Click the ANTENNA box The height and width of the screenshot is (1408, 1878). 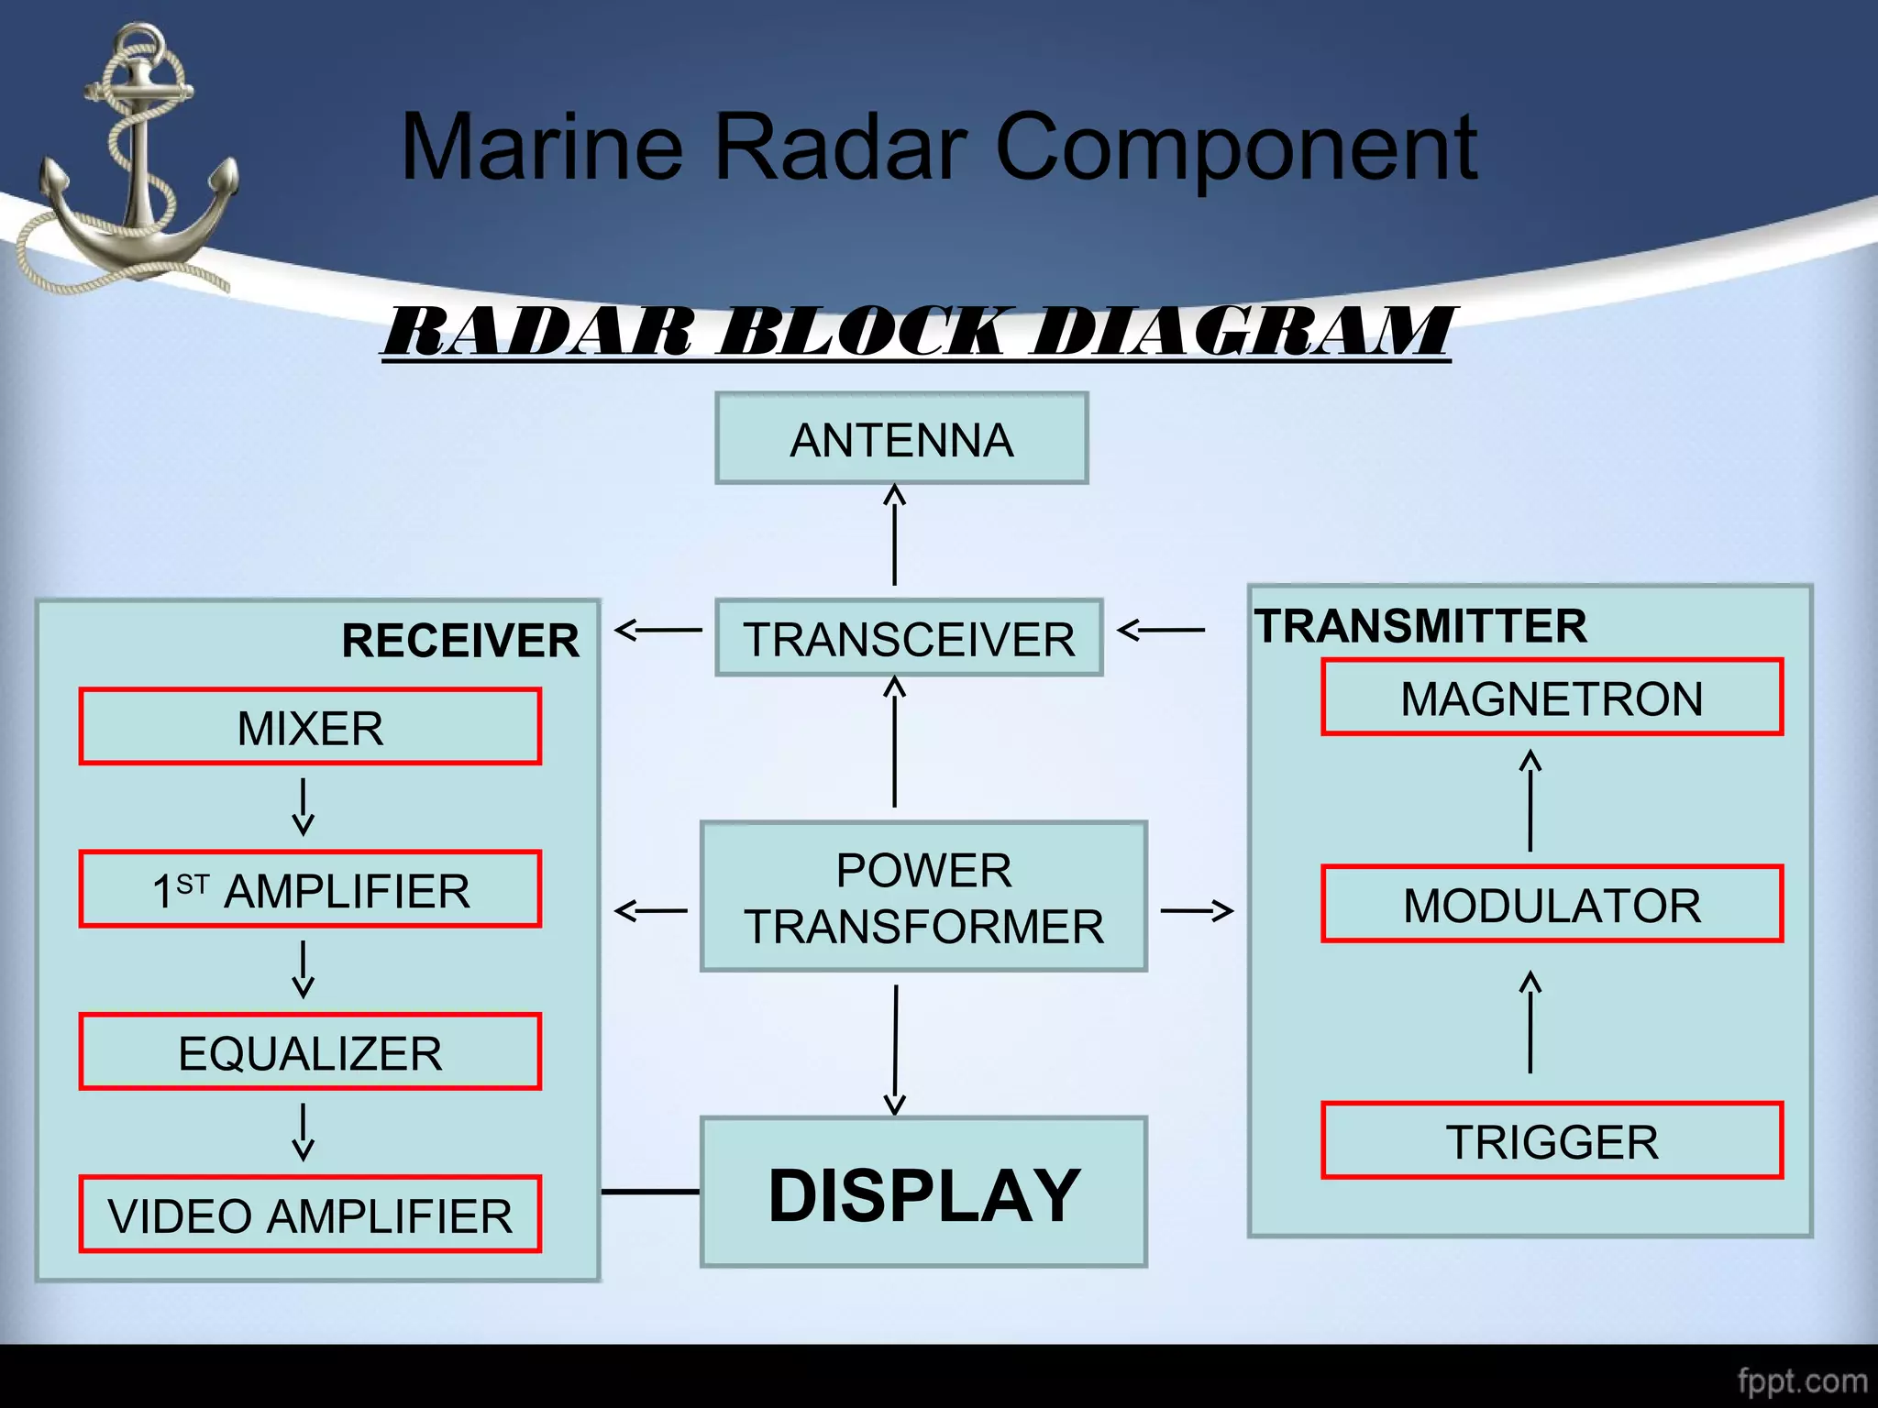point(901,439)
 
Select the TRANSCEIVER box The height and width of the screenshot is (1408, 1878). point(909,638)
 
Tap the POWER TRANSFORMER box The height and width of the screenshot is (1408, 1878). point(923,897)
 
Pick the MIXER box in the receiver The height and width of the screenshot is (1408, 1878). point(310,727)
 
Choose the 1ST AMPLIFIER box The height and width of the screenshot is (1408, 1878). point(310,890)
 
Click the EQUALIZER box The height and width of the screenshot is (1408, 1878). point(310,1052)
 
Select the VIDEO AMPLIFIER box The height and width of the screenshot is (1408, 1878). point(310,1215)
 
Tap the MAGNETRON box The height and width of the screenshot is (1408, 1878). point(1552,698)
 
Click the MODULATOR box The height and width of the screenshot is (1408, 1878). point(1552,904)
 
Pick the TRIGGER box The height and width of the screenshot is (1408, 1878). point(1552,1141)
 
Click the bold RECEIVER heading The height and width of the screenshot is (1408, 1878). point(460,640)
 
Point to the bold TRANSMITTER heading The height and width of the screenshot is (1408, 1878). point(1420,626)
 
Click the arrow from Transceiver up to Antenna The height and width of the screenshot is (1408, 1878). point(894,536)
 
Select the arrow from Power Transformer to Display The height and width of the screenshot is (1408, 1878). point(895,1050)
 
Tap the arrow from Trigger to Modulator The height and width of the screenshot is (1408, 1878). point(1530,1022)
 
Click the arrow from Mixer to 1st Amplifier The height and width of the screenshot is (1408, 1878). point(304,807)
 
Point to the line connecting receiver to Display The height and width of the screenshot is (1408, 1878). point(650,1192)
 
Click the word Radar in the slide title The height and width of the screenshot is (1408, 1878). point(840,147)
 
